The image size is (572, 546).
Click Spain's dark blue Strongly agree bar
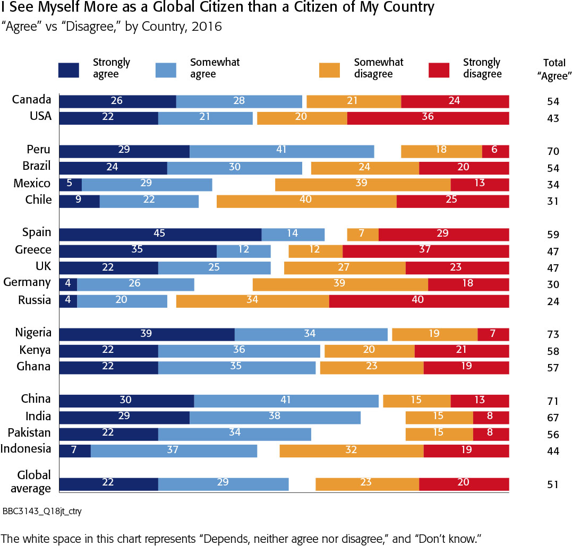[x=160, y=235]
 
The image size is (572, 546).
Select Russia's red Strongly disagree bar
[x=419, y=301]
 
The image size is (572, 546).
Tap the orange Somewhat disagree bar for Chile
[x=306, y=201]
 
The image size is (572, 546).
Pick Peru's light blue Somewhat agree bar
[x=281, y=151]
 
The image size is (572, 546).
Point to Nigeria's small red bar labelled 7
[x=493, y=334]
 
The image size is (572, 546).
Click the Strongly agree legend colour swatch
[x=69, y=70]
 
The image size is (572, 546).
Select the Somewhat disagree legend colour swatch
[x=329, y=70]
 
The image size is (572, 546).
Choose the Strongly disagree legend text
[x=482, y=68]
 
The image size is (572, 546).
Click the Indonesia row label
[x=26, y=449]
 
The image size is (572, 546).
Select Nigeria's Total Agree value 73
[x=553, y=334]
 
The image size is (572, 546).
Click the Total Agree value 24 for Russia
[x=553, y=301]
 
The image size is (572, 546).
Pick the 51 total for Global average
[x=553, y=484]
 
